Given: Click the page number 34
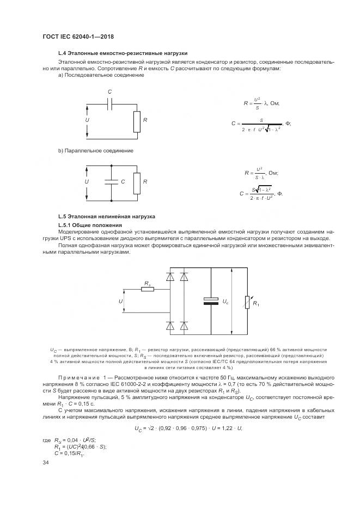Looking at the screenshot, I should pyautogui.click(x=46, y=463).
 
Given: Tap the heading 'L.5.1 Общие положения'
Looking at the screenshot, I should pyautogui.click(x=90, y=225).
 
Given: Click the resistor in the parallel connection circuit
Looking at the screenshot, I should pyautogui.click(x=137, y=181).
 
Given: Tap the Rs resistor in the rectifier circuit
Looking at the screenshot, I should pyautogui.click(x=147, y=289).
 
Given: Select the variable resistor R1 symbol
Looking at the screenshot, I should pyautogui.click(x=247, y=301).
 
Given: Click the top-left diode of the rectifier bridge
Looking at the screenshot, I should pyautogui.click(x=169, y=276).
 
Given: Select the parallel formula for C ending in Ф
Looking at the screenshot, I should pyautogui.click(x=261, y=193).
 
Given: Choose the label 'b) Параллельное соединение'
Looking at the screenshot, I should pyautogui.click(x=96, y=150).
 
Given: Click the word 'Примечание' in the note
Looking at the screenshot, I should pyautogui.click(x=81, y=377).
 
